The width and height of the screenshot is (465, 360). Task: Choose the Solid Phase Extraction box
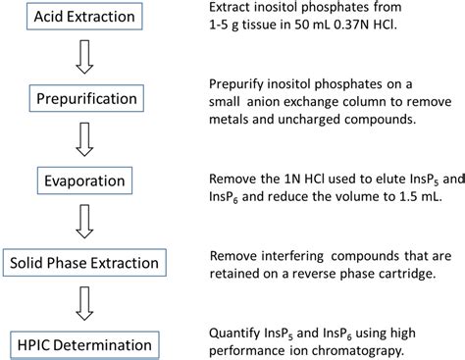point(82,262)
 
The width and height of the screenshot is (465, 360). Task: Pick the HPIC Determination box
point(82,344)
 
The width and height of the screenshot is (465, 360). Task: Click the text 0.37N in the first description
point(370,30)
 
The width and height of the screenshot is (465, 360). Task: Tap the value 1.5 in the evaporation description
point(418,194)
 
